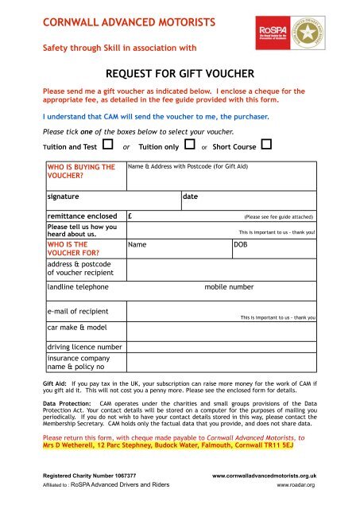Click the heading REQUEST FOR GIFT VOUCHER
point(179,75)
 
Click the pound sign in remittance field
point(130,216)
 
